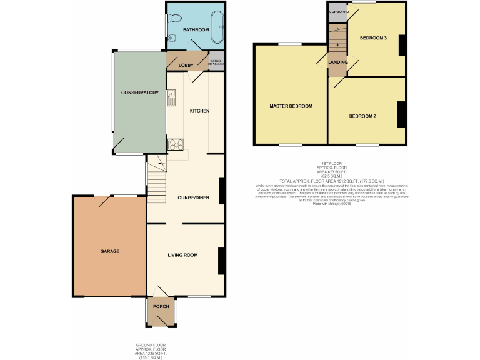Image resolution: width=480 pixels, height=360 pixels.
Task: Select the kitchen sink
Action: pyautogui.click(x=171, y=97)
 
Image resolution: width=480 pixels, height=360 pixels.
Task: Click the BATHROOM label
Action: pyautogui.click(x=195, y=30)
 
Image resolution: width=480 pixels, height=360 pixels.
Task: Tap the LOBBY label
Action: pyautogui.click(x=186, y=65)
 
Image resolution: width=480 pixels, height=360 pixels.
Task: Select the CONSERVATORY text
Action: pyautogui.click(x=139, y=92)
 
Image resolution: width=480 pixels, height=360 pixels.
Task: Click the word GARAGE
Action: pyautogui.click(x=109, y=251)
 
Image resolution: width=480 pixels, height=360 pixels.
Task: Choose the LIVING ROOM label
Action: pyautogui.click(x=182, y=255)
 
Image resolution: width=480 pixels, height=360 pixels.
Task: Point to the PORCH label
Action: pyautogui.click(x=161, y=306)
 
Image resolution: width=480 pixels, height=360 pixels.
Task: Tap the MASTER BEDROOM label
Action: pyautogui.click(x=291, y=106)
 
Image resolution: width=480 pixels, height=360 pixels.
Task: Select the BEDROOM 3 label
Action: pyautogui.click(x=373, y=39)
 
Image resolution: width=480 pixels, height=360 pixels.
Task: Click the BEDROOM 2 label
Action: pyautogui.click(x=362, y=116)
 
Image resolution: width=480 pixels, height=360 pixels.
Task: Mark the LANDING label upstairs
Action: pyautogui.click(x=338, y=62)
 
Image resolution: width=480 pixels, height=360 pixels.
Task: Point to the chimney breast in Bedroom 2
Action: pyautogui.click(x=401, y=114)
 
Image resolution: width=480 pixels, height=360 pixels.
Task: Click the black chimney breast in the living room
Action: pyautogui.click(x=221, y=261)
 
